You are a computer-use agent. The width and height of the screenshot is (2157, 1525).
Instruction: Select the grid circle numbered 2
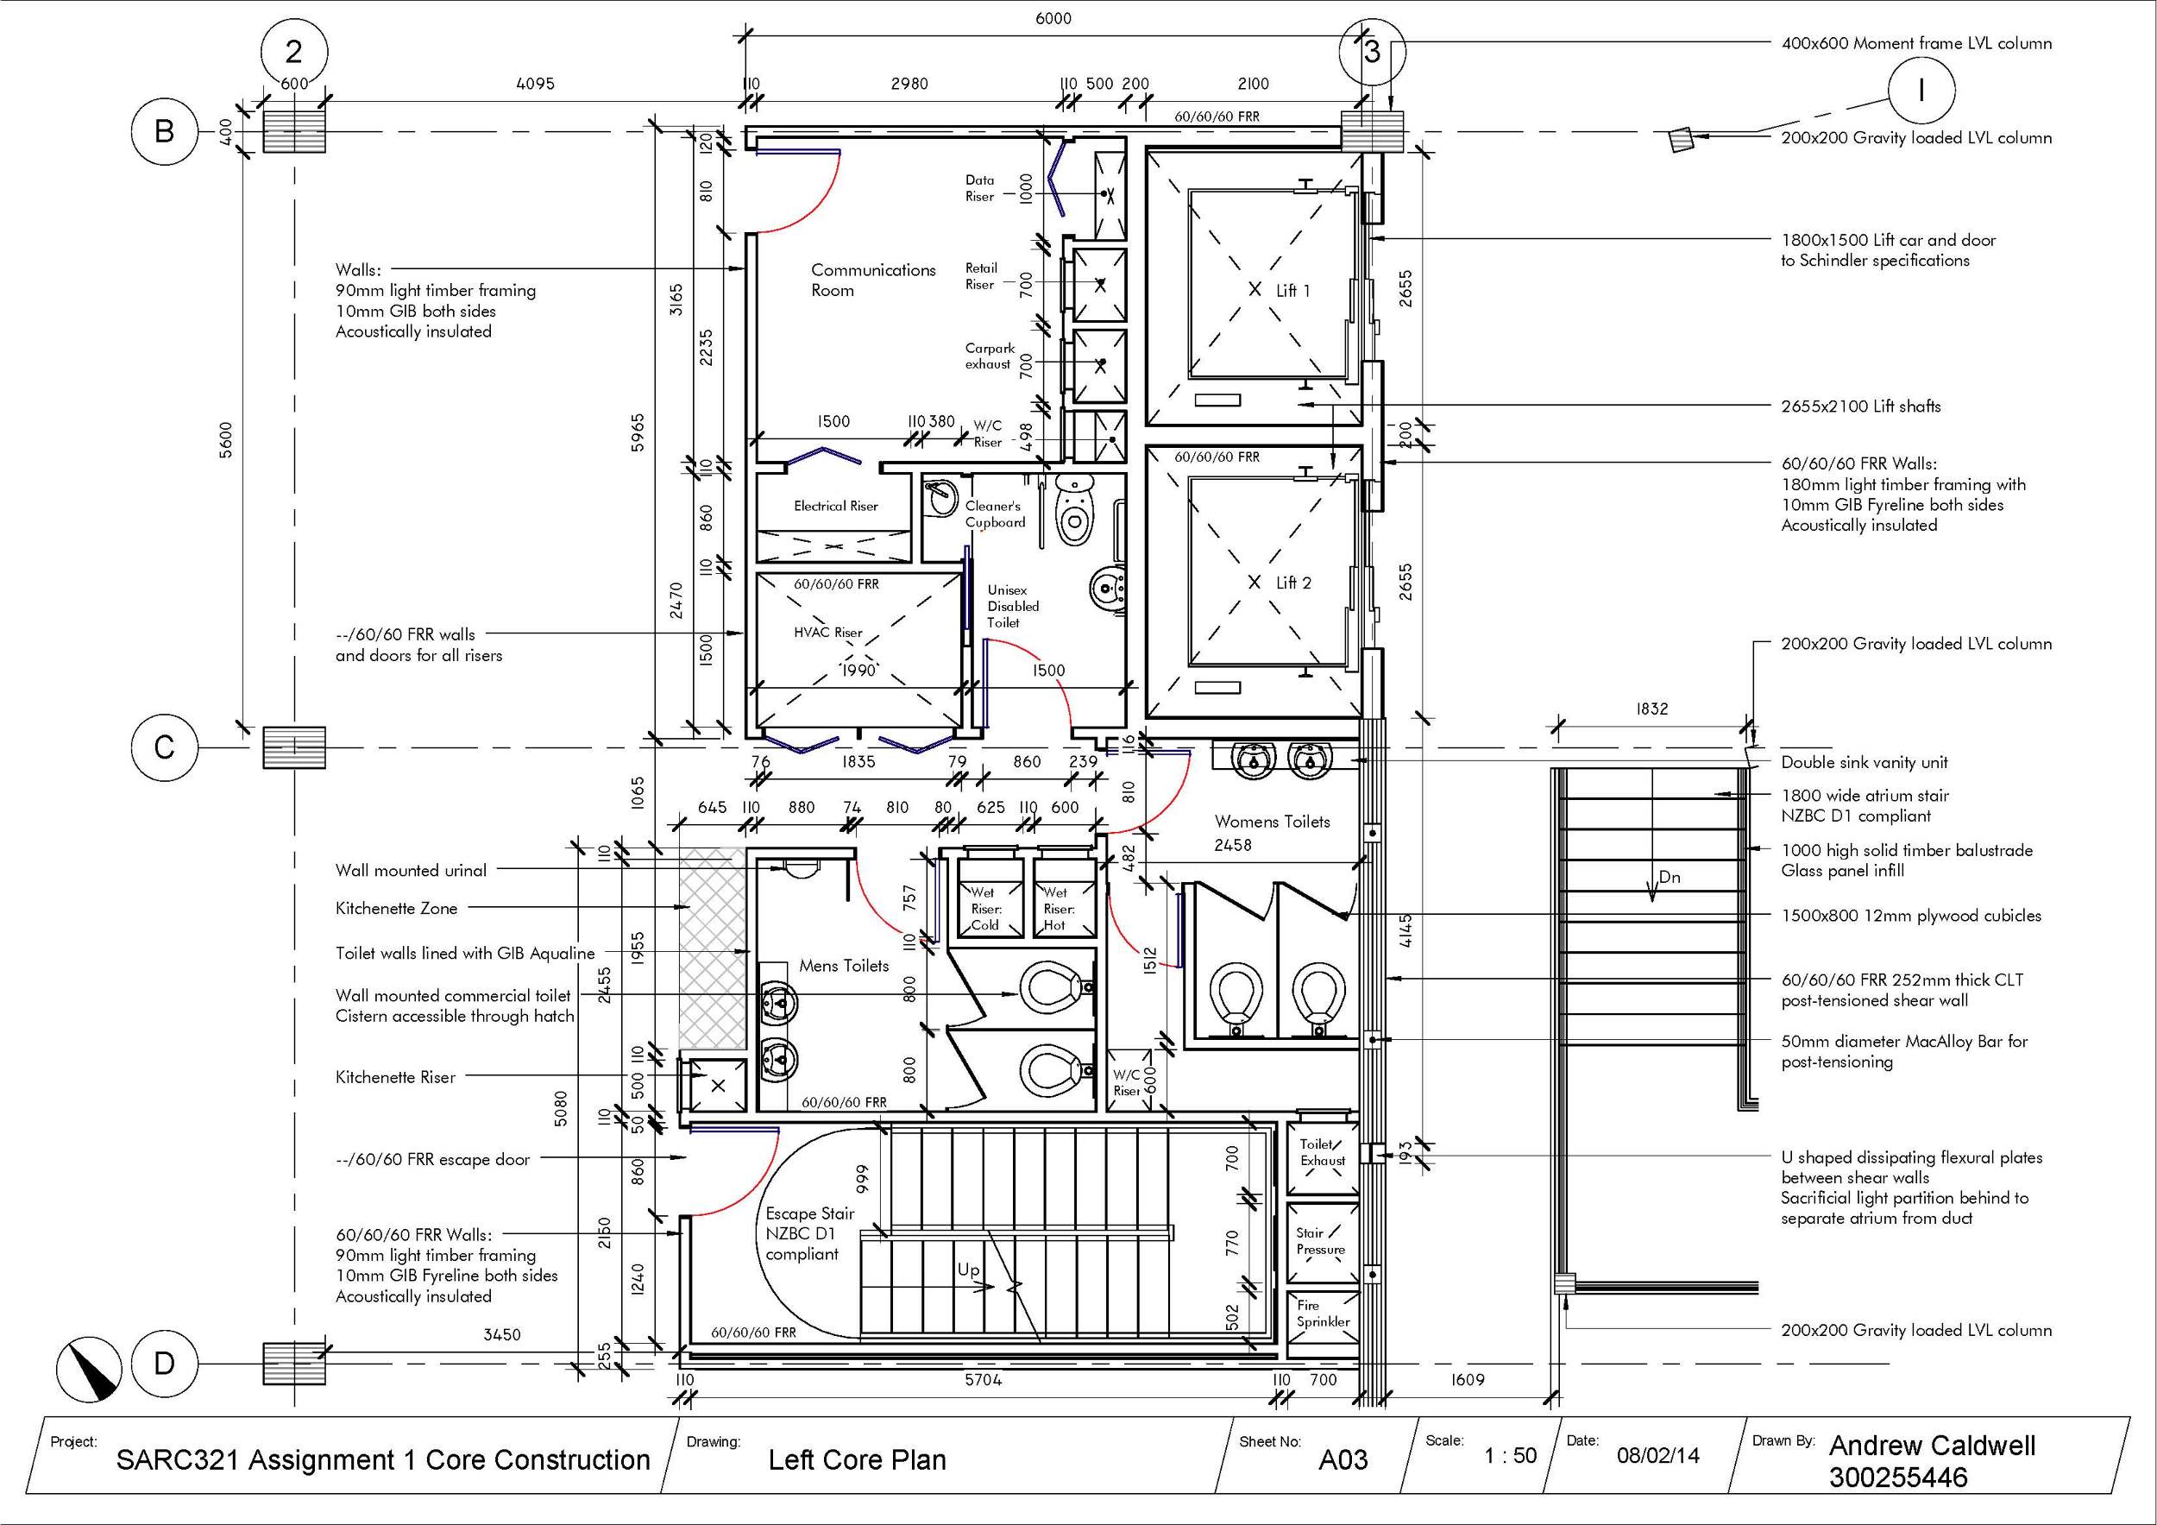[x=294, y=53]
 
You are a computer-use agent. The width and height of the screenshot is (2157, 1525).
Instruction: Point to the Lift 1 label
[x=1292, y=290]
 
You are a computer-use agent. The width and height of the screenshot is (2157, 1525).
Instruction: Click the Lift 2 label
[x=1292, y=583]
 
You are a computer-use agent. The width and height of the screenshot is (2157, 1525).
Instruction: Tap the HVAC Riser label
[x=827, y=633]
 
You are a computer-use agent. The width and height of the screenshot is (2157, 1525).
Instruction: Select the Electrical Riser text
[x=835, y=506]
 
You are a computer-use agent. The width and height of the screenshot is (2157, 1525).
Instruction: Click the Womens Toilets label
[x=1271, y=822]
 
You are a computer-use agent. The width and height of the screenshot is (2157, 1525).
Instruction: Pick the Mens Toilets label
[x=844, y=965]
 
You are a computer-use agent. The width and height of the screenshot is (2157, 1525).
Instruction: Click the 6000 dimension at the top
[x=1053, y=18]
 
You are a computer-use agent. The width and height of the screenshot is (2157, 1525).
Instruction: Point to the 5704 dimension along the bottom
[x=983, y=1379]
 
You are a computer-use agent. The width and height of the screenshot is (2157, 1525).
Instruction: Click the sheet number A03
[x=1343, y=1459]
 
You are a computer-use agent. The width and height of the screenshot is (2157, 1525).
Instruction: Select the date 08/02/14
[x=1657, y=1455]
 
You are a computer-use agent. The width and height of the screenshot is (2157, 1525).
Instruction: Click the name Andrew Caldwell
[x=1932, y=1445]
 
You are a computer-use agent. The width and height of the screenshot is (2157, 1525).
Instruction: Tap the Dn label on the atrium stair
[x=1669, y=877]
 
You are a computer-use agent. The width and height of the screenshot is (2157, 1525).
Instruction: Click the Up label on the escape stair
[x=969, y=1270]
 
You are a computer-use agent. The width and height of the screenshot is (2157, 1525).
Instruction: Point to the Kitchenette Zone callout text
[x=395, y=908]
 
